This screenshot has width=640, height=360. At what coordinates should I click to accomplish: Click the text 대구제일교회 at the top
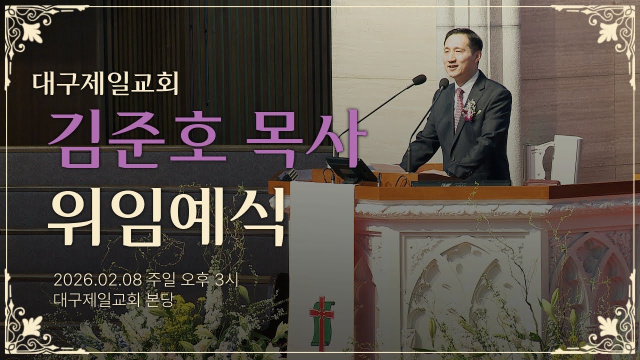(105, 84)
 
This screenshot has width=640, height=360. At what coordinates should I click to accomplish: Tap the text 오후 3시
(213, 279)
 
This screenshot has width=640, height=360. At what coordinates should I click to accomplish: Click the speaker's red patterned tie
(458, 107)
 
